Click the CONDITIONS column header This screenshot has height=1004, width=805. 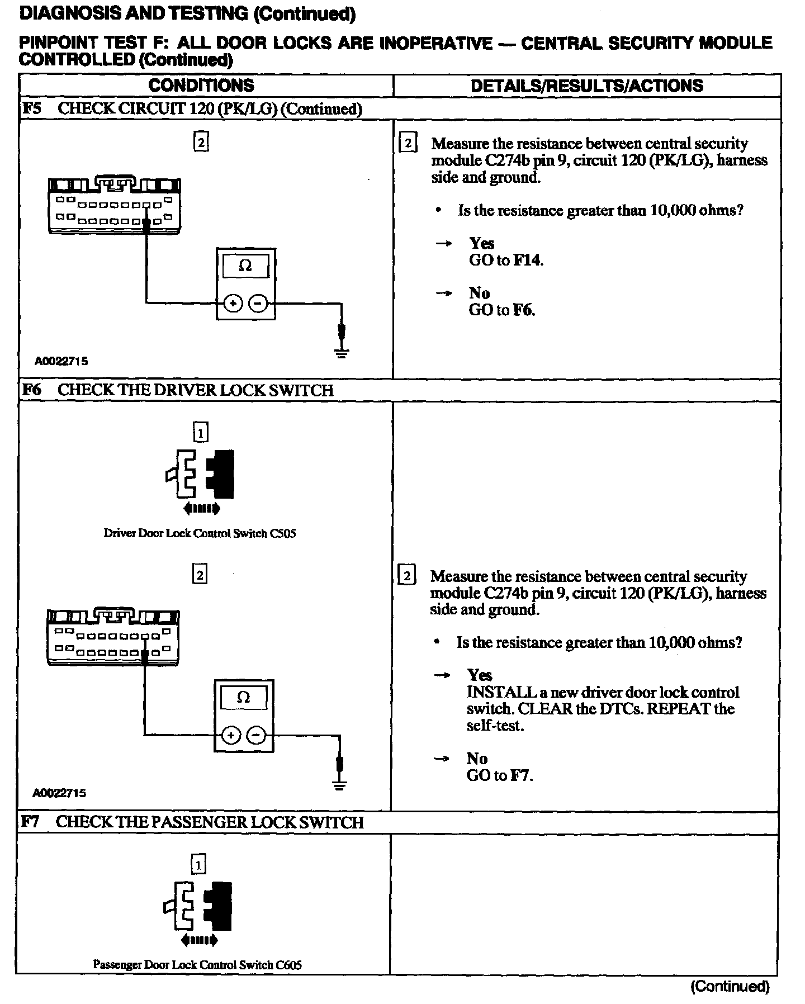(201, 86)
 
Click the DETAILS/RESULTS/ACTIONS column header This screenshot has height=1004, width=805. (586, 86)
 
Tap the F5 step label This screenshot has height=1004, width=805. (32, 108)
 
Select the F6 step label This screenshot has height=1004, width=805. (32, 390)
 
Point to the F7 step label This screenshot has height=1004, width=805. (31, 822)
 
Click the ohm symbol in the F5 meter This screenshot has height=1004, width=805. (245, 266)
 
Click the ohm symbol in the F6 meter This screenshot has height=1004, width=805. (244, 698)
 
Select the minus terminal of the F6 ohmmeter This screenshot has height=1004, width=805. (256, 735)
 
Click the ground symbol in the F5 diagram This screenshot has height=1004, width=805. (342, 352)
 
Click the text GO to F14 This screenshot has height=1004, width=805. (506, 260)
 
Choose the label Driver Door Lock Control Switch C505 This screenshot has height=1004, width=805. (200, 533)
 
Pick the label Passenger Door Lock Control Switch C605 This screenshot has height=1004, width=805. (197, 964)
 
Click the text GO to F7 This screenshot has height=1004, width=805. (500, 775)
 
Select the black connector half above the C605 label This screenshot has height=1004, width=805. (220, 906)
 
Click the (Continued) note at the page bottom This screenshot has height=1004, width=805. (730, 987)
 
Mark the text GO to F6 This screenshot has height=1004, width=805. (502, 310)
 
